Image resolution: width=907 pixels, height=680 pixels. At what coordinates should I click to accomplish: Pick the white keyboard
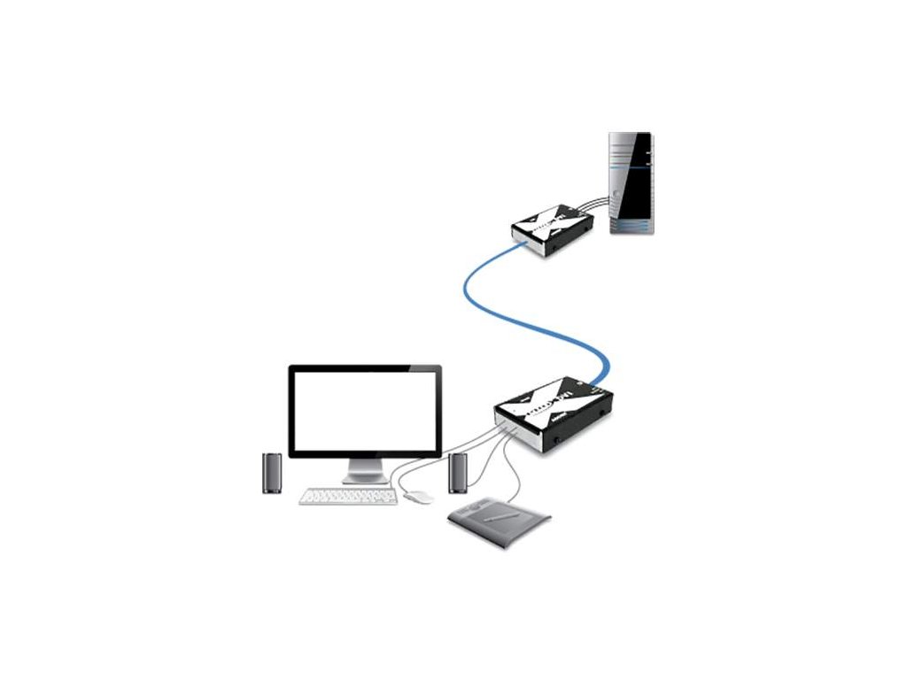point(347,498)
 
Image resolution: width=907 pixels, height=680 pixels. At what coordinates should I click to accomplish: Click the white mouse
point(417,497)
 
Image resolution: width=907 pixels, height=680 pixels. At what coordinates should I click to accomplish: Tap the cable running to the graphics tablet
point(508,469)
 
